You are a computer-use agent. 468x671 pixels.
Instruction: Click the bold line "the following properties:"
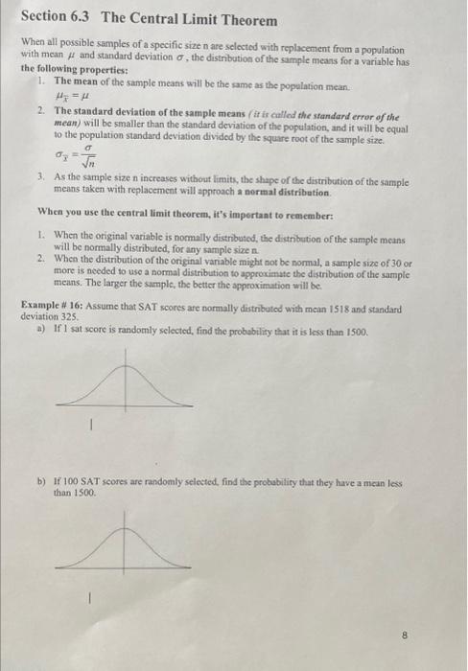[74, 70]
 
